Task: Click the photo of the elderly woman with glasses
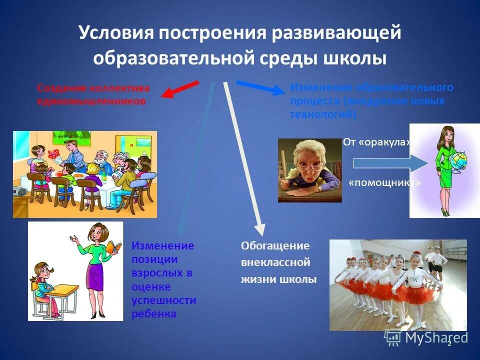point(309,170)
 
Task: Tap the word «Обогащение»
point(275,246)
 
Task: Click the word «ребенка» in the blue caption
point(153,314)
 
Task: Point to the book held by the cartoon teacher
point(114,247)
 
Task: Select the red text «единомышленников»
point(91,101)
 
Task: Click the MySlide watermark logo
point(425,337)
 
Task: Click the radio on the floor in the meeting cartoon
point(20,191)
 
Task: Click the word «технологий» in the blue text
point(322,114)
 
